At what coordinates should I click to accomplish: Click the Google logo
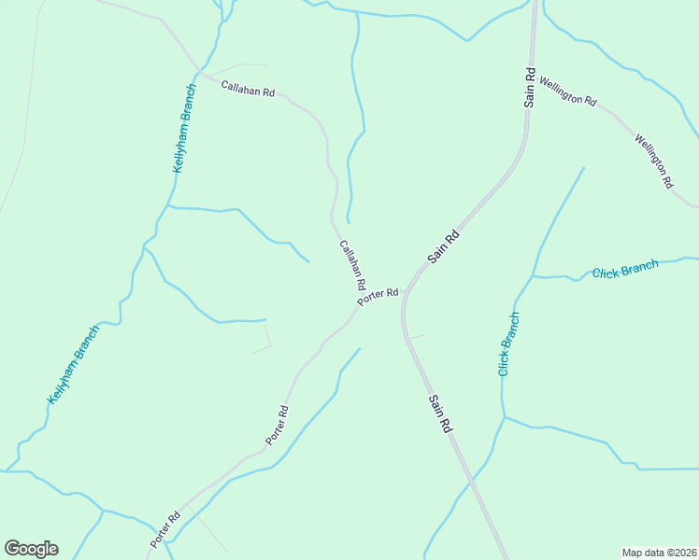31,549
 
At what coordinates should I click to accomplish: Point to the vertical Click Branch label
508,343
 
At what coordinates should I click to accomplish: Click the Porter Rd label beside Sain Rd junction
378,296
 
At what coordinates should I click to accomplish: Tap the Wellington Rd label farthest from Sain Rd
654,161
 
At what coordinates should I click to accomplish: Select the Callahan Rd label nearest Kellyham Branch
248,90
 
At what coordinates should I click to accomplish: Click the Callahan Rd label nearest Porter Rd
352,264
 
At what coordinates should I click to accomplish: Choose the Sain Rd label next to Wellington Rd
529,85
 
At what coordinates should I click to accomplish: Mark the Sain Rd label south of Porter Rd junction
441,412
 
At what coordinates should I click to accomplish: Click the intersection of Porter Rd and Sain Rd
407,292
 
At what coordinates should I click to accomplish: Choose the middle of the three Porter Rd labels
277,425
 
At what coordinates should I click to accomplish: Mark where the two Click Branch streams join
533,276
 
